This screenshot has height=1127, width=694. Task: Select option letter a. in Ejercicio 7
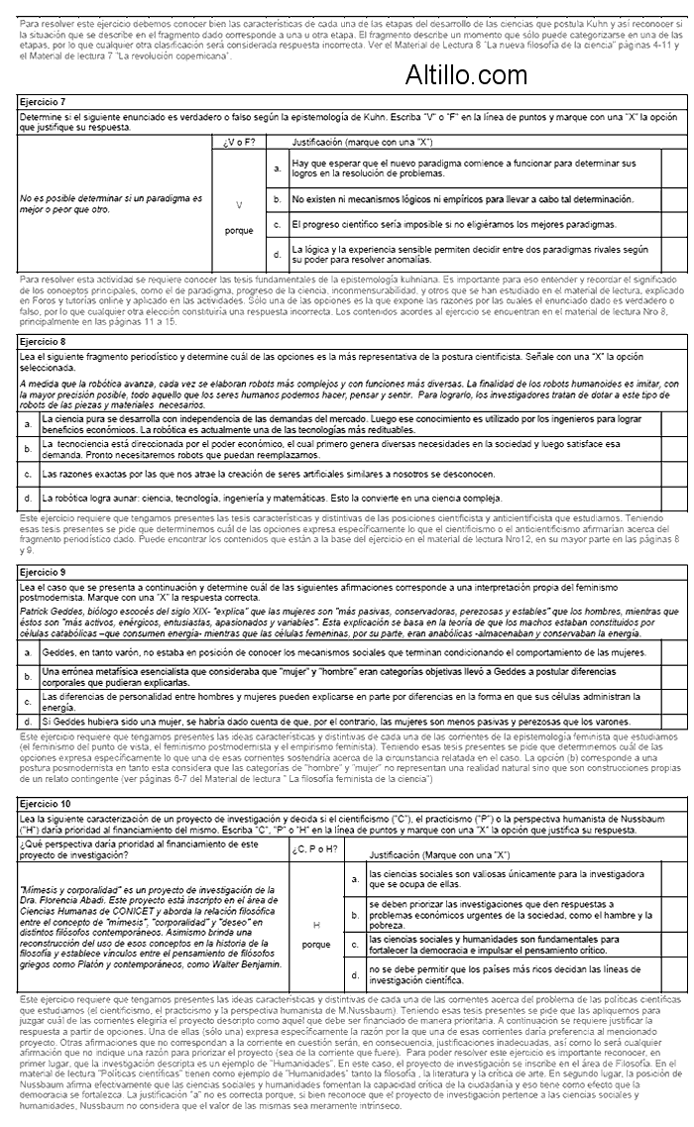click(278, 169)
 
